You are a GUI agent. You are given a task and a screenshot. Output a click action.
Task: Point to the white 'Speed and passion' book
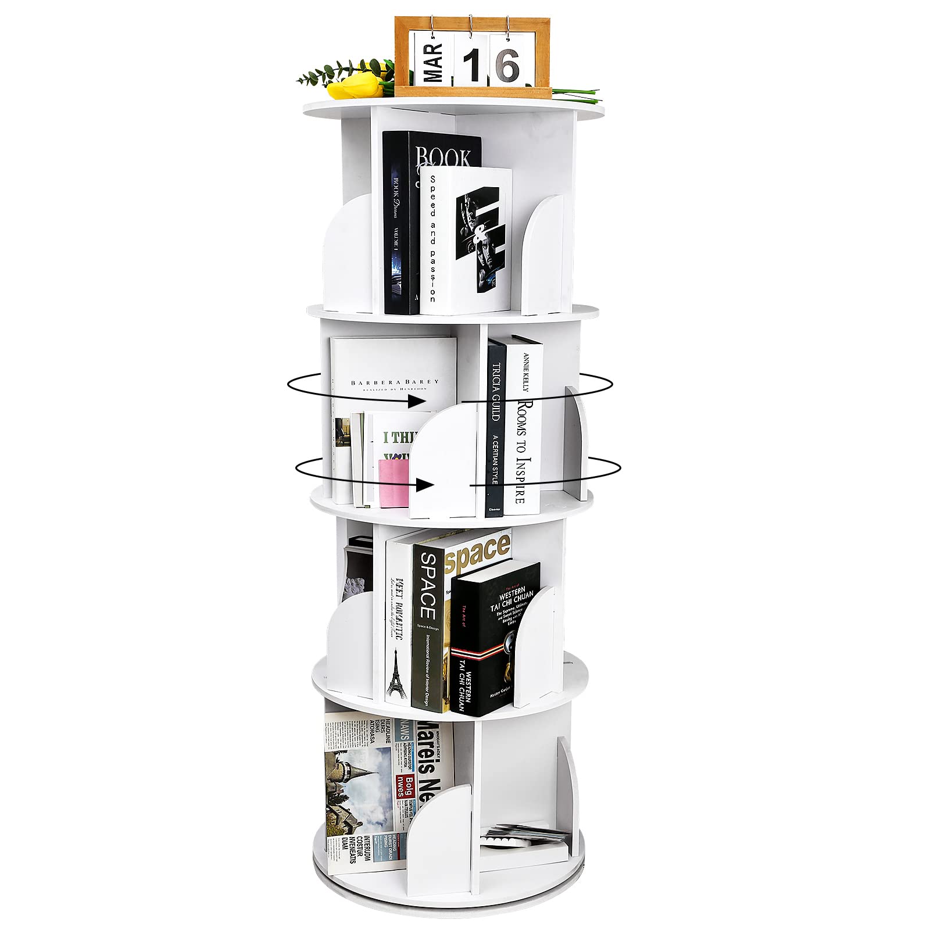465,241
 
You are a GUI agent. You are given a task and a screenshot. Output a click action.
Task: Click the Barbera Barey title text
395,382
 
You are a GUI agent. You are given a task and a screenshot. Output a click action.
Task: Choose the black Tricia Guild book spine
496,430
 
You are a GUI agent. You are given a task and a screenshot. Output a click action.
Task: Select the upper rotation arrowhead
415,400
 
